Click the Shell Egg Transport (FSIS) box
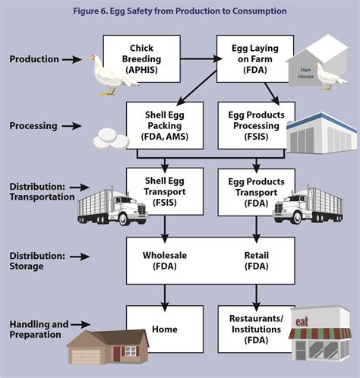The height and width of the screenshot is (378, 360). click(165, 191)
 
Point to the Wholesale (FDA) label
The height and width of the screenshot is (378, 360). click(159, 261)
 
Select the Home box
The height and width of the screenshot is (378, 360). click(165, 329)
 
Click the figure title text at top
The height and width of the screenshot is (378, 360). click(180, 11)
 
